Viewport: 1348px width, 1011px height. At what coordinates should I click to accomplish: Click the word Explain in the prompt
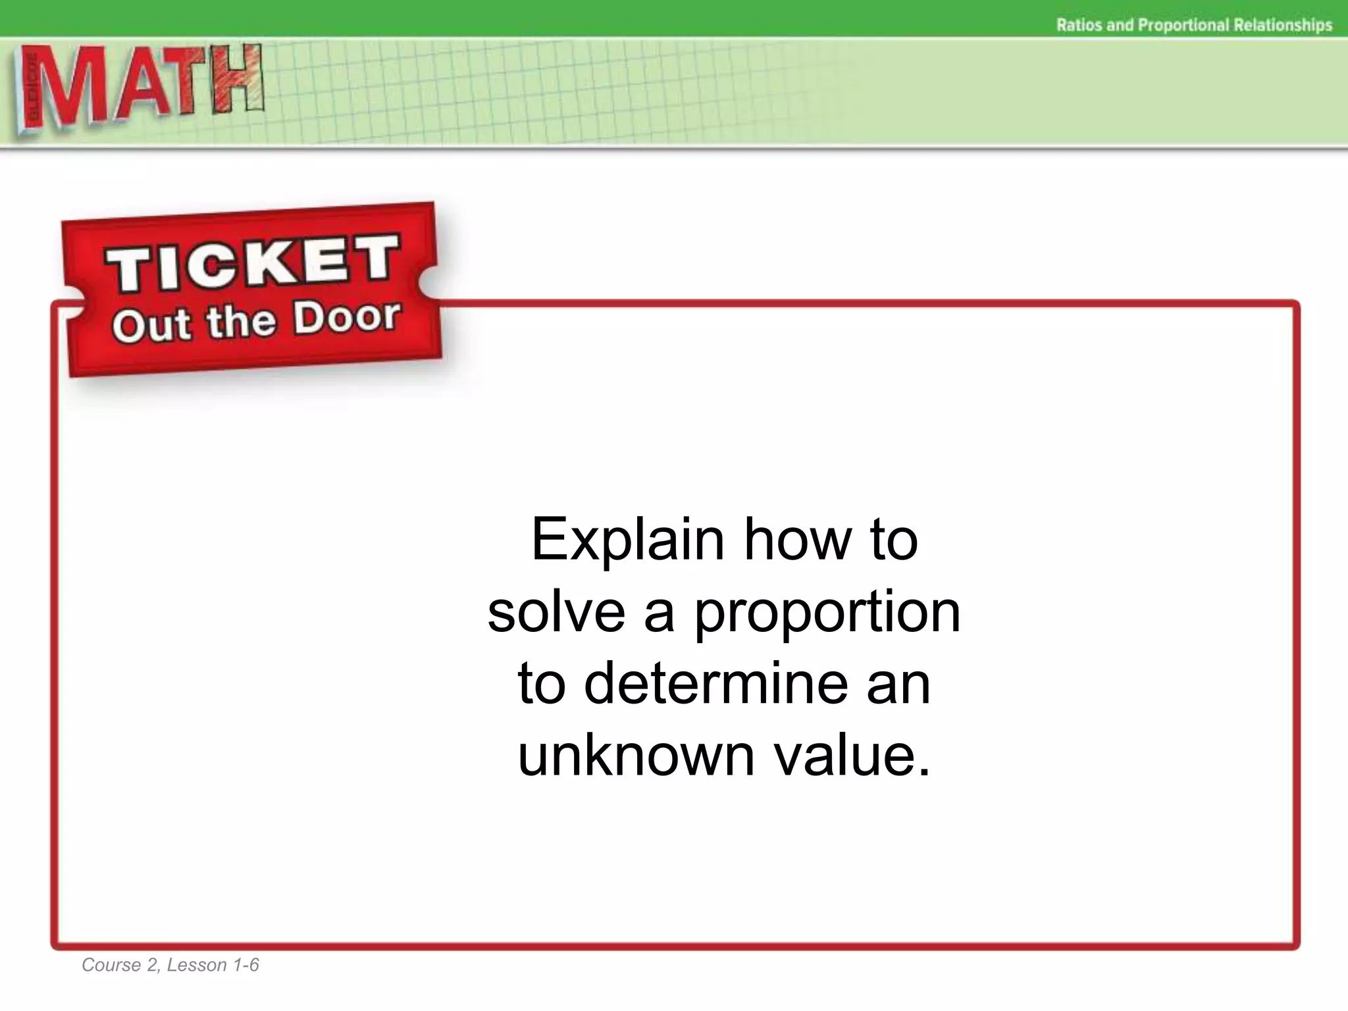tap(627, 540)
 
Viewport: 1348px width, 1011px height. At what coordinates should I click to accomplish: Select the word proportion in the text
tap(827, 612)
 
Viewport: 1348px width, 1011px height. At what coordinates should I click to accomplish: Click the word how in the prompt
tap(798, 540)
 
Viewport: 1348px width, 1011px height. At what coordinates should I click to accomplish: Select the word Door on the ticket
tap(346, 317)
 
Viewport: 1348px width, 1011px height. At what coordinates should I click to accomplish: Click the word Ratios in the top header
tap(1079, 25)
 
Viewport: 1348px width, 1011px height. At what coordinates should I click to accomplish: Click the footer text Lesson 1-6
tap(213, 965)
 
